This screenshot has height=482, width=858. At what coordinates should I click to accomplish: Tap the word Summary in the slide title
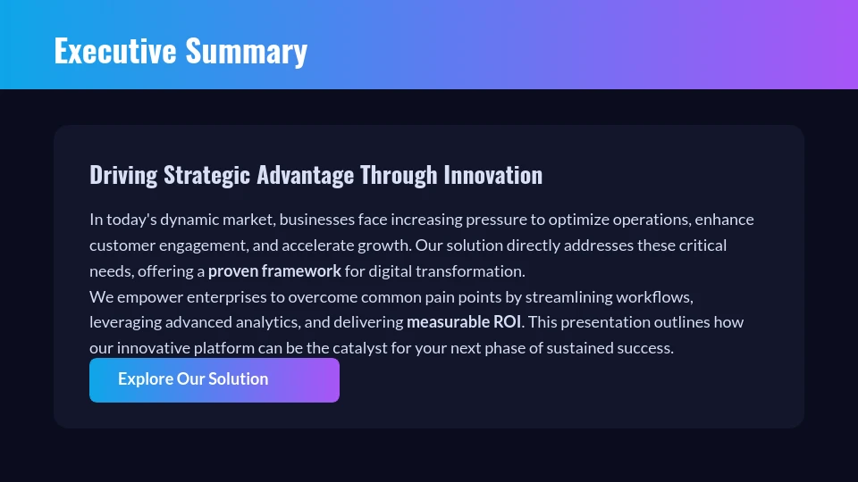(x=246, y=51)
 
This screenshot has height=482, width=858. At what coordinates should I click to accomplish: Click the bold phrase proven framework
(x=274, y=270)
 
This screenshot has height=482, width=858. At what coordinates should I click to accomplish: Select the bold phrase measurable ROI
(x=463, y=321)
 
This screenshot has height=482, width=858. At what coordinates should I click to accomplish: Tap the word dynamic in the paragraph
(x=190, y=220)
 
